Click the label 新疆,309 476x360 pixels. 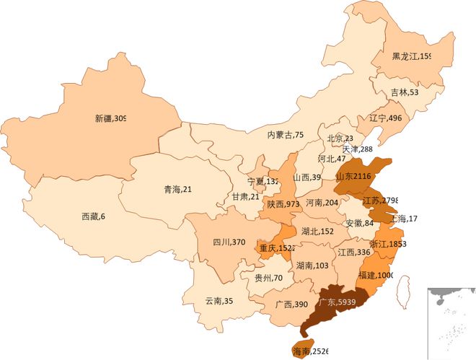[x=110, y=118]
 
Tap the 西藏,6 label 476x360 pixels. [x=93, y=216]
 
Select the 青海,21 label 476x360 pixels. [x=177, y=190]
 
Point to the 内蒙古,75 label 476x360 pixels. [x=286, y=134]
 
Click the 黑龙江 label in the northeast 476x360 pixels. [x=412, y=56]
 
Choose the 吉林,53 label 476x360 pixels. [x=404, y=92]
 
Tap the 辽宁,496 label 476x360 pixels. [x=385, y=118]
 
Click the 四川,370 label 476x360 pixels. [x=229, y=242]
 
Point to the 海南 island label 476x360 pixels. [x=310, y=351]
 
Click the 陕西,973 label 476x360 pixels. [x=283, y=204]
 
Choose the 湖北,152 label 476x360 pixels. [x=317, y=231]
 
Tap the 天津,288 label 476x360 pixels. [x=358, y=149]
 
